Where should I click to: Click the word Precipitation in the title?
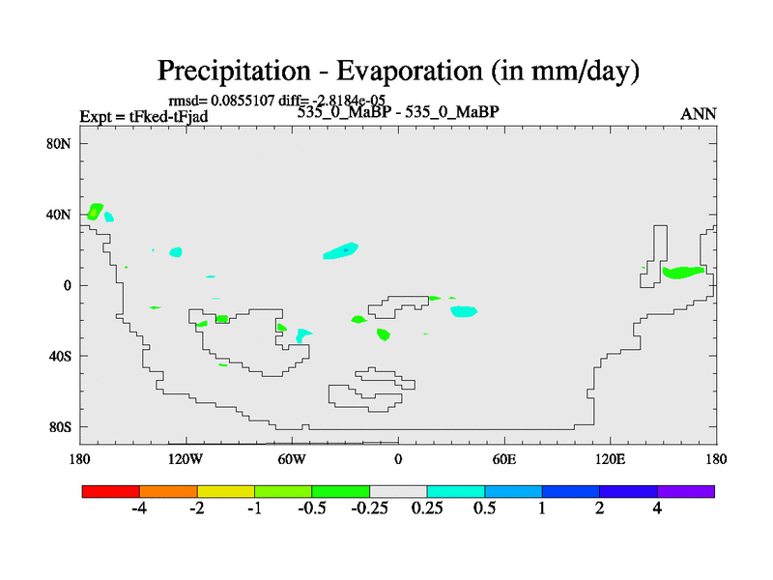coord(234,72)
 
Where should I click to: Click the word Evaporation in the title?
coord(409,71)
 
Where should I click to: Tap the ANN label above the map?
coord(699,114)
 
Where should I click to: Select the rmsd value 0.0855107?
coord(243,101)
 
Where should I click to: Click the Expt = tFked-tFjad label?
coord(144,117)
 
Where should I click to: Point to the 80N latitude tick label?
coord(59,144)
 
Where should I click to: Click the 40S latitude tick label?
coord(60,356)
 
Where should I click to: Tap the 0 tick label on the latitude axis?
coord(67,285)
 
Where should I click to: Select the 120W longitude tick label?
coord(186,460)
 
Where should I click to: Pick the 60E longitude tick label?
coord(504,460)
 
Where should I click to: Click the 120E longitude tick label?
coord(611,460)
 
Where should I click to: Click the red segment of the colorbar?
coord(111,491)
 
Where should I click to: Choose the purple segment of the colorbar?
coord(686,491)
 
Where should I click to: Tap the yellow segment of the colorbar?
coord(226,491)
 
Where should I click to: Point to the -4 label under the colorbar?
coord(139,508)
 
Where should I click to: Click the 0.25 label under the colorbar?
coord(427,508)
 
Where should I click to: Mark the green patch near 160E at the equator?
coord(683,273)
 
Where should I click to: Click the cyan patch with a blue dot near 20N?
coord(341,251)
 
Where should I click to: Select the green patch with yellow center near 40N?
coord(95,212)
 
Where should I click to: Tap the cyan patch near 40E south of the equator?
coord(464,311)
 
